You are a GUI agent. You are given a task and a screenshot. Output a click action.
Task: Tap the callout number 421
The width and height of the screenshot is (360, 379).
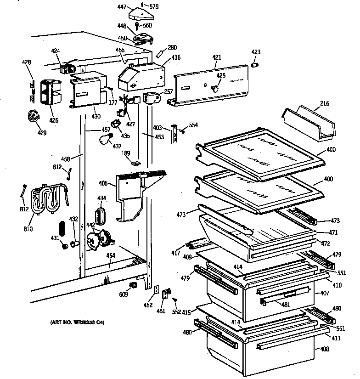click(217, 57)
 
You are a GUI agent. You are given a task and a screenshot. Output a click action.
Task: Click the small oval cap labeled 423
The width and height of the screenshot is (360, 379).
click(256, 65)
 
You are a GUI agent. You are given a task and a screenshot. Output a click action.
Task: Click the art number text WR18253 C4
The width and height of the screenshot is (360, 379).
click(77, 322)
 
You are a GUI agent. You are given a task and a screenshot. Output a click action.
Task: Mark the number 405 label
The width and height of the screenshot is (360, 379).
click(104, 184)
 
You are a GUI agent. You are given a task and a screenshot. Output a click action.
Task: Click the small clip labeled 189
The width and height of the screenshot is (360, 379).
click(135, 163)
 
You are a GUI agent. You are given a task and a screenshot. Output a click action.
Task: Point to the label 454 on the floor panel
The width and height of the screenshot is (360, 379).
click(110, 256)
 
